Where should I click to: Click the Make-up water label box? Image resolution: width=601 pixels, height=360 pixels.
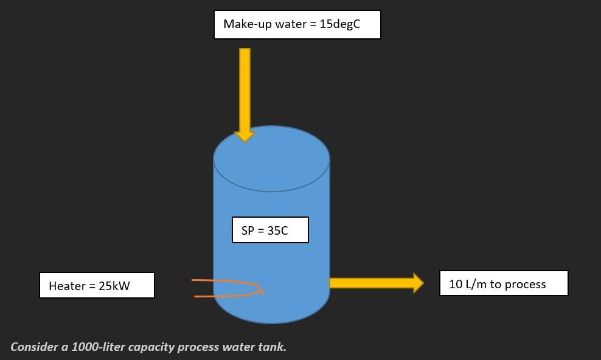(x=297, y=25)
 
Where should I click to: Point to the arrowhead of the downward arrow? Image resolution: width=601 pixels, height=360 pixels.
(x=245, y=135)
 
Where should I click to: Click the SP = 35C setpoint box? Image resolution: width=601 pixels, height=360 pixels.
(x=270, y=230)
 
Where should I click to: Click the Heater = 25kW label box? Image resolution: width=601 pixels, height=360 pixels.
(x=97, y=286)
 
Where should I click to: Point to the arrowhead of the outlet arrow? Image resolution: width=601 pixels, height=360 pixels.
(x=418, y=283)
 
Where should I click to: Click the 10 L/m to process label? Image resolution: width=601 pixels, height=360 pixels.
(x=504, y=284)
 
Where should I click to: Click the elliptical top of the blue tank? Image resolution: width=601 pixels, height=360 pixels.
(x=271, y=159)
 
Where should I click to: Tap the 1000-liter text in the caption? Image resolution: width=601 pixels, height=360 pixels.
(x=98, y=347)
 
